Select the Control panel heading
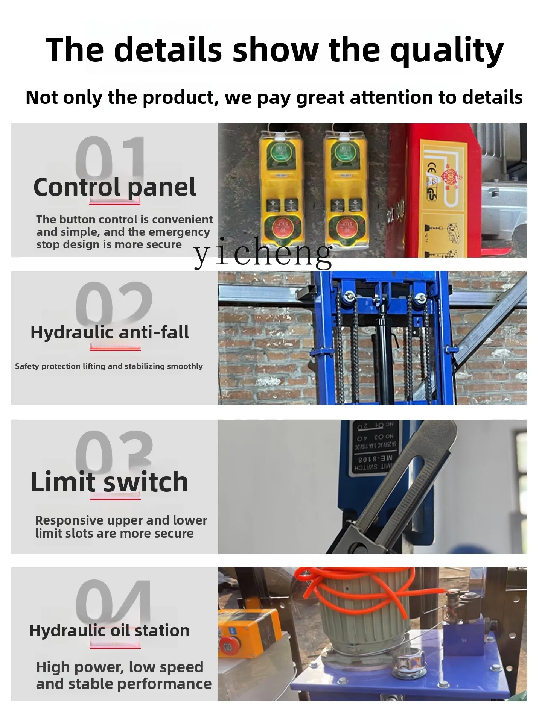click(x=114, y=187)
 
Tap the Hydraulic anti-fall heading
click(x=110, y=332)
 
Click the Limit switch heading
click(x=109, y=482)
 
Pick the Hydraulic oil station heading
click(x=110, y=631)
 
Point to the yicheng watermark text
click(x=263, y=253)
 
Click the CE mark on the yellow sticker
click(x=431, y=170)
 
